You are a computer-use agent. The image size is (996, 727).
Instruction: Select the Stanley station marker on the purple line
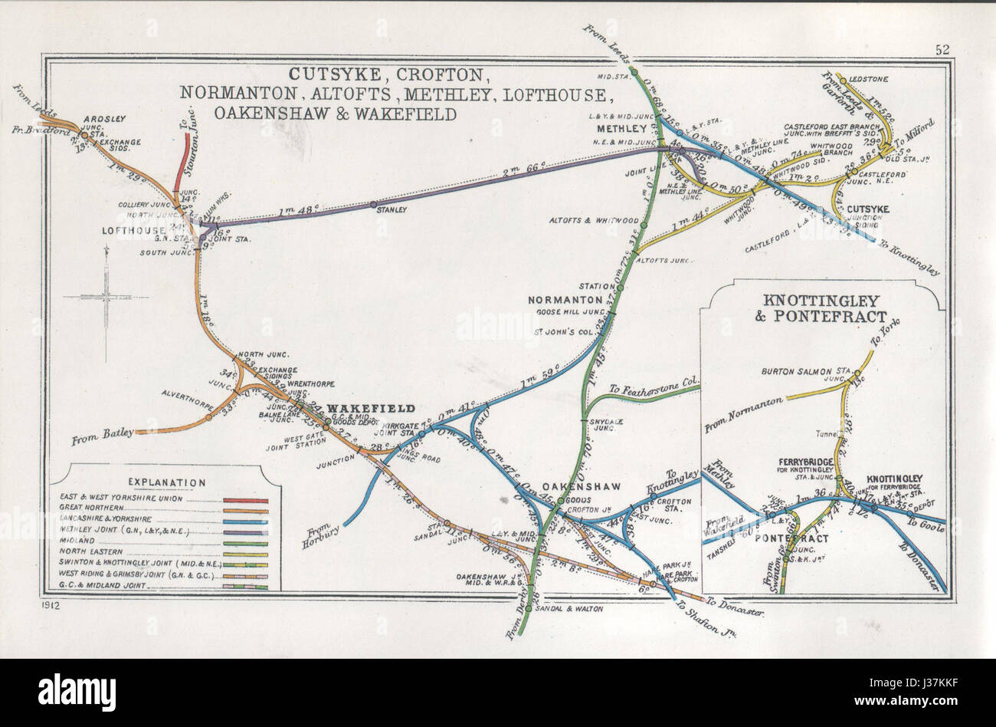coord(373,205)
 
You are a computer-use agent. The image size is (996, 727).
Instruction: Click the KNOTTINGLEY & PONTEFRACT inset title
coord(821,308)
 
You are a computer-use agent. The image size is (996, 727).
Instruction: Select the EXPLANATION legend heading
coord(166,482)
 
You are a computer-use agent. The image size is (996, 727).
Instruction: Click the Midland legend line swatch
coord(245,542)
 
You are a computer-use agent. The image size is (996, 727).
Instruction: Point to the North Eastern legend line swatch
coord(245,554)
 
